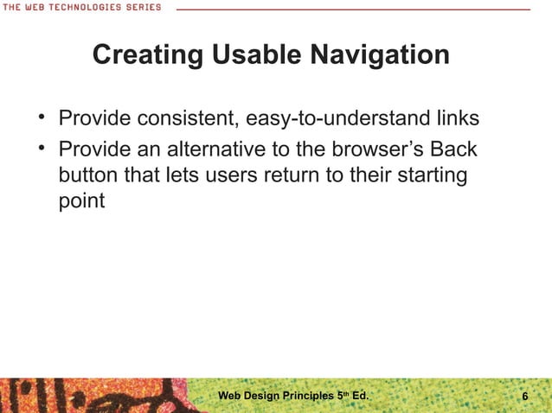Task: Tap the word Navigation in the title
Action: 376,55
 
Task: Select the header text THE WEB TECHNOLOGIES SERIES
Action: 80,7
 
